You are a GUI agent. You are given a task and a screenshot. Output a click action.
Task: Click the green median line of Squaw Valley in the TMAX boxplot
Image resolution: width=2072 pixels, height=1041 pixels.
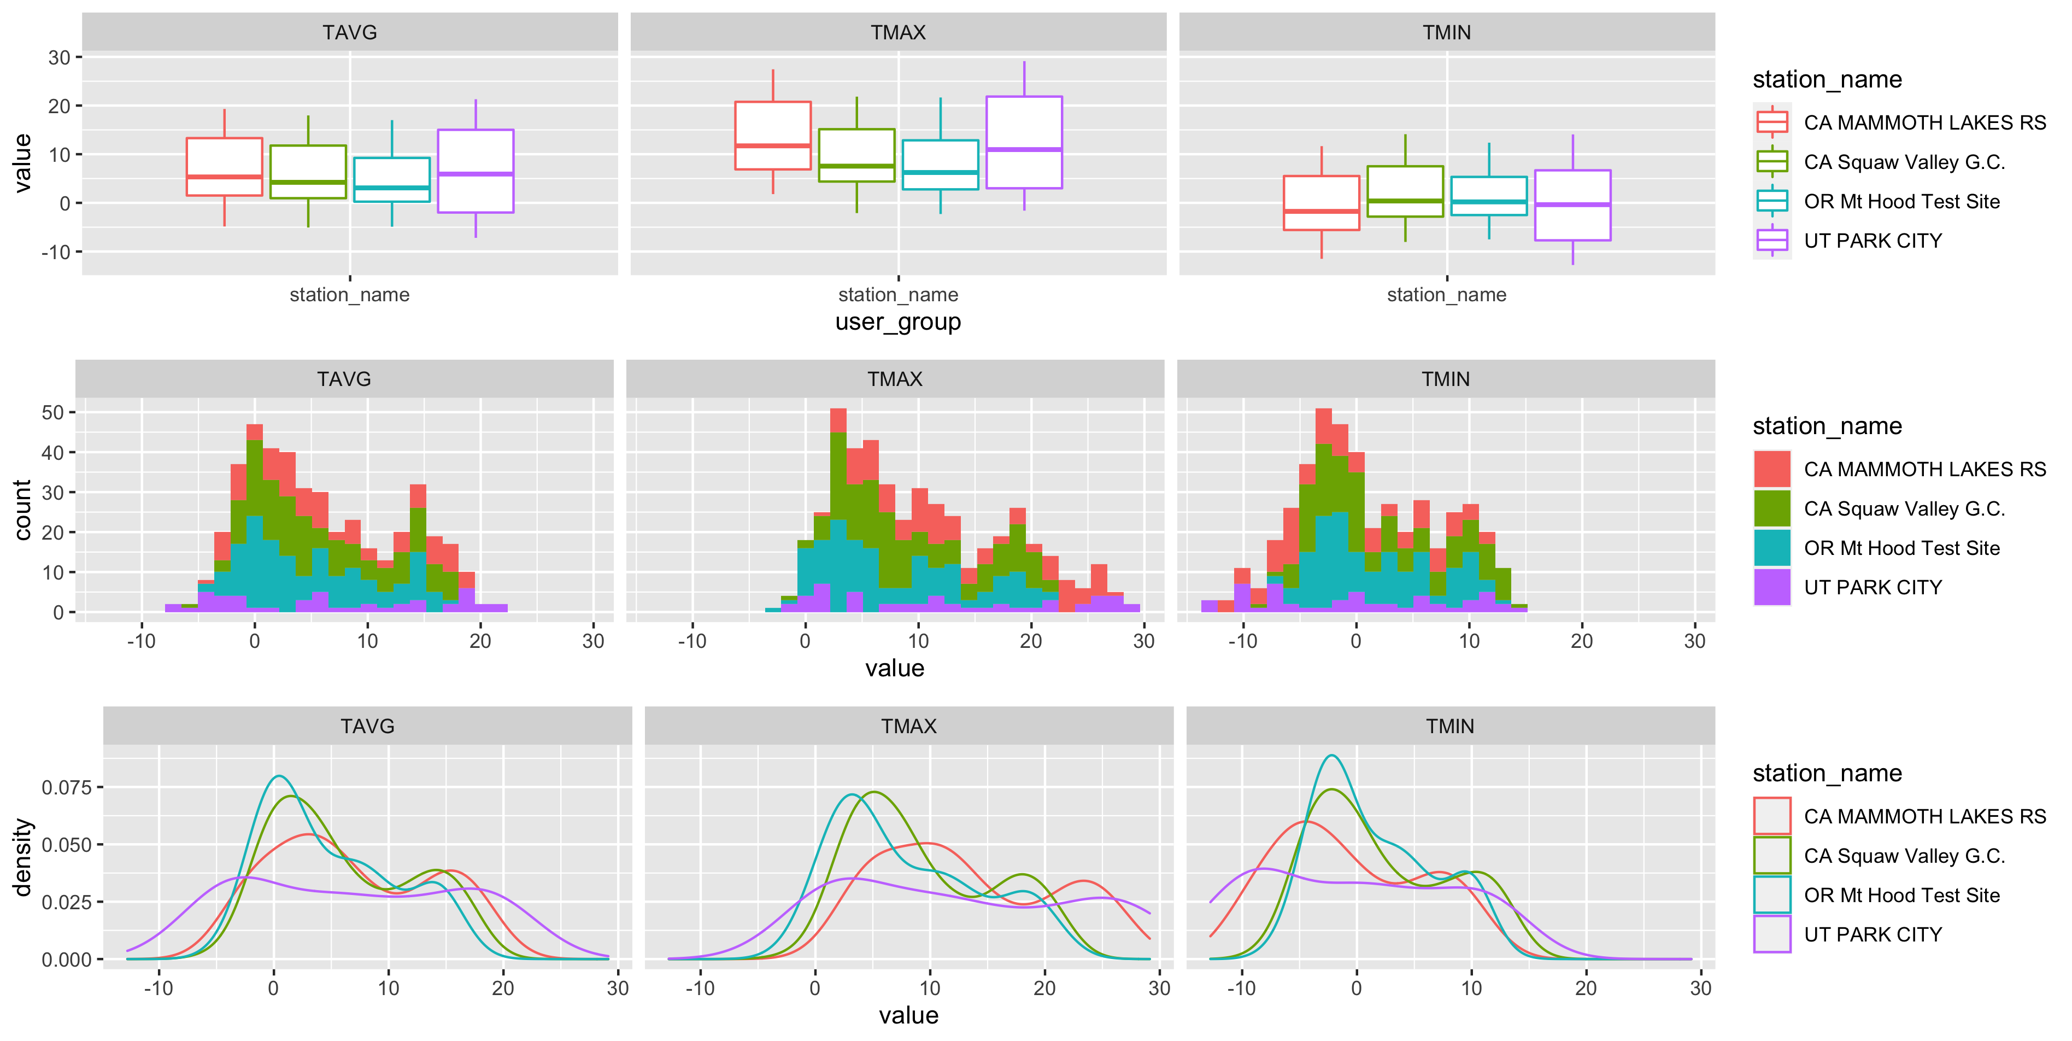(x=856, y=167)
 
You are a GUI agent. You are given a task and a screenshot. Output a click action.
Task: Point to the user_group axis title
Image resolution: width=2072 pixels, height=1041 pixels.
(x=897, y=322)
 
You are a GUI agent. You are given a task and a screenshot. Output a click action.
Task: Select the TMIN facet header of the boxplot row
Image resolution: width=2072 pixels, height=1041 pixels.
(x=1446, y=32)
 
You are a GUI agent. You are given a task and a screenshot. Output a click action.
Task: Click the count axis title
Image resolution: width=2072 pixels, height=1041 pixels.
(x=22, y=510)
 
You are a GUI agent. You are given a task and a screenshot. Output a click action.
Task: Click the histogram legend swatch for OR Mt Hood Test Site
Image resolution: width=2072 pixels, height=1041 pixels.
(x=1771, y=548)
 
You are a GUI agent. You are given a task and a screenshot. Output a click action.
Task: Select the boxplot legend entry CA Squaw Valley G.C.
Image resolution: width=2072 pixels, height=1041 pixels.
(x=1903, y=162)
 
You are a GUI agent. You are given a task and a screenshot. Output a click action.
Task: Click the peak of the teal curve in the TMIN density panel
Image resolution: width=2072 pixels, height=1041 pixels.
(x=1332, y=756)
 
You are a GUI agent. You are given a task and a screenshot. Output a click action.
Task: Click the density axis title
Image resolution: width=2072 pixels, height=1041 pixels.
(x=22, y=857)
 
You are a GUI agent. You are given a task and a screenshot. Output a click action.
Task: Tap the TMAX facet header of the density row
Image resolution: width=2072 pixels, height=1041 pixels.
(x=908, y=726)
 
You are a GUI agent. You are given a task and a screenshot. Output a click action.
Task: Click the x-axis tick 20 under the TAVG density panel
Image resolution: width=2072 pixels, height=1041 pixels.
(x=503, y=988)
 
